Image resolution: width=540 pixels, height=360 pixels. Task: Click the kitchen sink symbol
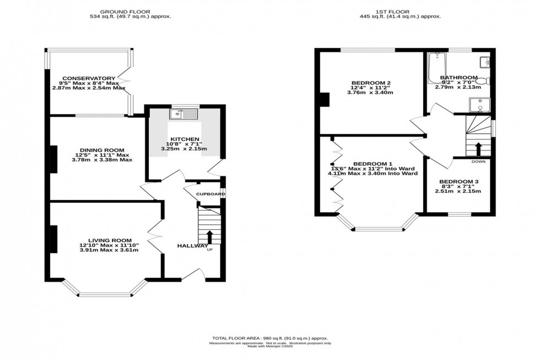(184, 114)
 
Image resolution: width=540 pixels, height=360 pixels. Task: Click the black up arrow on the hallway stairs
(209, 237)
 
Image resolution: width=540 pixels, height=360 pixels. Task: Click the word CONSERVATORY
(89, 78)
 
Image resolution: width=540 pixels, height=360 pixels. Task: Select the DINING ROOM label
(101, 150)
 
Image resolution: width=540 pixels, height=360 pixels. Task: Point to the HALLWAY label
(192, 246)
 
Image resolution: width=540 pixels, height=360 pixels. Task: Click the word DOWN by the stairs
(478, 162)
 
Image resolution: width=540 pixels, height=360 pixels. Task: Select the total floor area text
(270, 337)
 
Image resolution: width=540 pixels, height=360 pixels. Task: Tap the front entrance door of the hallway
(193, 275)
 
